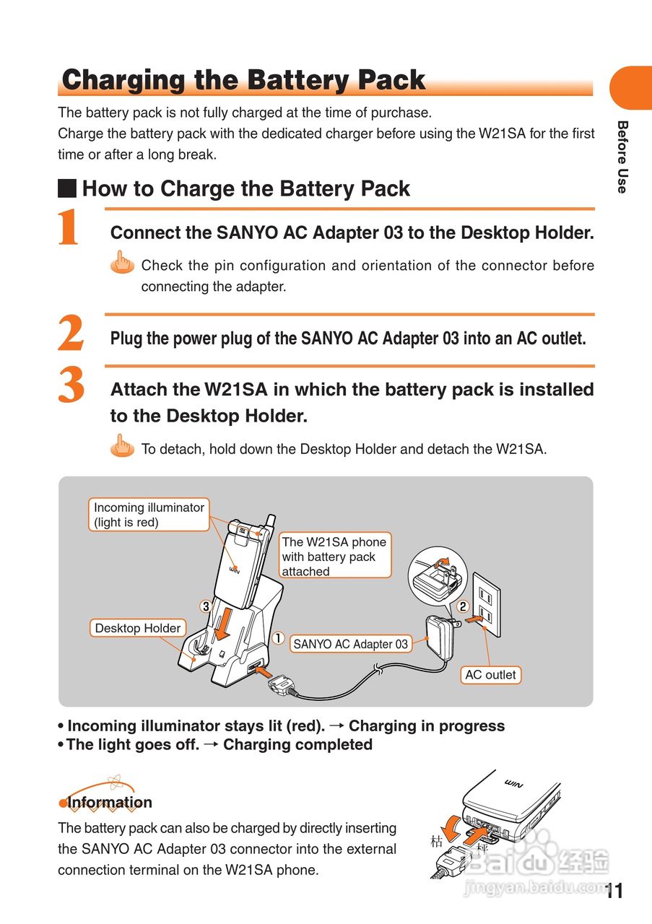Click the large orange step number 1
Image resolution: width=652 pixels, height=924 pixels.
tap(69, 227)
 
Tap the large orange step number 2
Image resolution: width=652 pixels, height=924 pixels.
tap(71, 334)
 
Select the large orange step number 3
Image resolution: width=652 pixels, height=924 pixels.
tap(71, 385)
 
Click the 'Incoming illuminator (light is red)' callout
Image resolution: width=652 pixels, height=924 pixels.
tap(149, 515)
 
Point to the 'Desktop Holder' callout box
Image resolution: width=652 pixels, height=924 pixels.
tap(137, 628)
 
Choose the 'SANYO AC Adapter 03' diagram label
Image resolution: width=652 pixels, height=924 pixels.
tap(350, 644)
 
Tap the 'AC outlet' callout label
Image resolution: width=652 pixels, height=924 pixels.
tap(490, 675)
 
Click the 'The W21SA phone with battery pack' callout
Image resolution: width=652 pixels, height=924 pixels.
tap(334, 556)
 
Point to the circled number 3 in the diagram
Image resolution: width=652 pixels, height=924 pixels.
tap(205, 606)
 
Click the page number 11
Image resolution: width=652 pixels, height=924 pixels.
tap(614, 892)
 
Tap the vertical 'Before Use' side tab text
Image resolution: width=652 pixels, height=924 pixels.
tap(622, 157)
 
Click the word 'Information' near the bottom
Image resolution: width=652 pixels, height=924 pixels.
tap(110, 803)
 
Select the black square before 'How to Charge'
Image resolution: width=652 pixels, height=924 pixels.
tap(67, 189)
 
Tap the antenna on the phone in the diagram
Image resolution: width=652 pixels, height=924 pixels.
tap(269, 523)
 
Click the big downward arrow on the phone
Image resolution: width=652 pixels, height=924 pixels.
tap(225, 622)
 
